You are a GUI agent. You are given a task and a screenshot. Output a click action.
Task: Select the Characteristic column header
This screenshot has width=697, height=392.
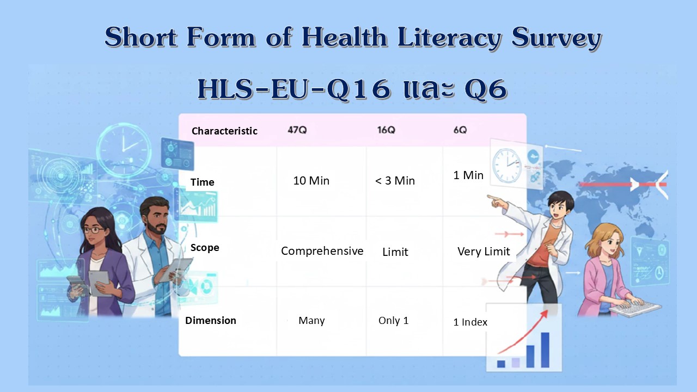pyautogui.click(x=224, y=131)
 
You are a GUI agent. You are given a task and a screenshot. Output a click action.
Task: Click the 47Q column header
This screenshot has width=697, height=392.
pyautogui.click(x=297, y=130)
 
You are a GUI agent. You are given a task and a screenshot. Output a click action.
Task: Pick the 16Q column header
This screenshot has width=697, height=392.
pyautogui.click(x=386, y=130)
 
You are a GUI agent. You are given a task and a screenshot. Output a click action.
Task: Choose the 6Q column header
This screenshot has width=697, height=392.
pyautogui.click(x=460, y=130)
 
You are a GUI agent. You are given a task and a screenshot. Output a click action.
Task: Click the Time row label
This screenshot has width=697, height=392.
pyautogui.click(x=202, y=182)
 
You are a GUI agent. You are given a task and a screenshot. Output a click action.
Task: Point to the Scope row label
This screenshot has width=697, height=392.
pyautogui.click(x=205, y=248)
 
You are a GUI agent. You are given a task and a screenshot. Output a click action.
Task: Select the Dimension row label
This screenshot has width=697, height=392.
pyautogui.click(x=211, y=321)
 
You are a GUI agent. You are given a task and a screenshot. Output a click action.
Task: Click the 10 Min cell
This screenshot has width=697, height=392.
pyautogui.click(x=311, y=180)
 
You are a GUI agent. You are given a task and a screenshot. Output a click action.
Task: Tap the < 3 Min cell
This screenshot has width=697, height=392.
pyautogui.click(x=395, y=180)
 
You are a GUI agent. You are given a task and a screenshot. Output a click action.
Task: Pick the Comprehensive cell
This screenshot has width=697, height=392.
pyautogui.click(x=322, y=251)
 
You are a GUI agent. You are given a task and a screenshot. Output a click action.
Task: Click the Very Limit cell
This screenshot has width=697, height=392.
pyautogui.click(x=484, y=252)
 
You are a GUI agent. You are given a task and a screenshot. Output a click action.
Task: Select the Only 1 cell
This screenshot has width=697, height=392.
pyautogui.click(x=393, y=321)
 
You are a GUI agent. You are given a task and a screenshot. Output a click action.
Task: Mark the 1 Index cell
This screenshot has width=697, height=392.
pyautogui.click(x=470, y=322)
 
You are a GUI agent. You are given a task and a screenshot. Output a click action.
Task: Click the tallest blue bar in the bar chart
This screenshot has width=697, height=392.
pyautogui.click(x=545, y=350)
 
